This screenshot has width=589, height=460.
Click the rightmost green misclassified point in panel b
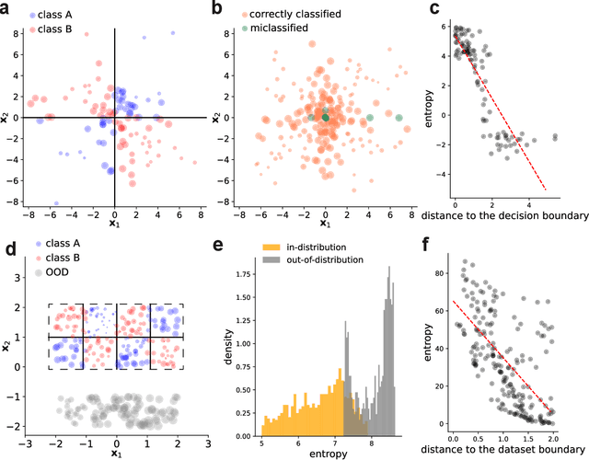[398, 118]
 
